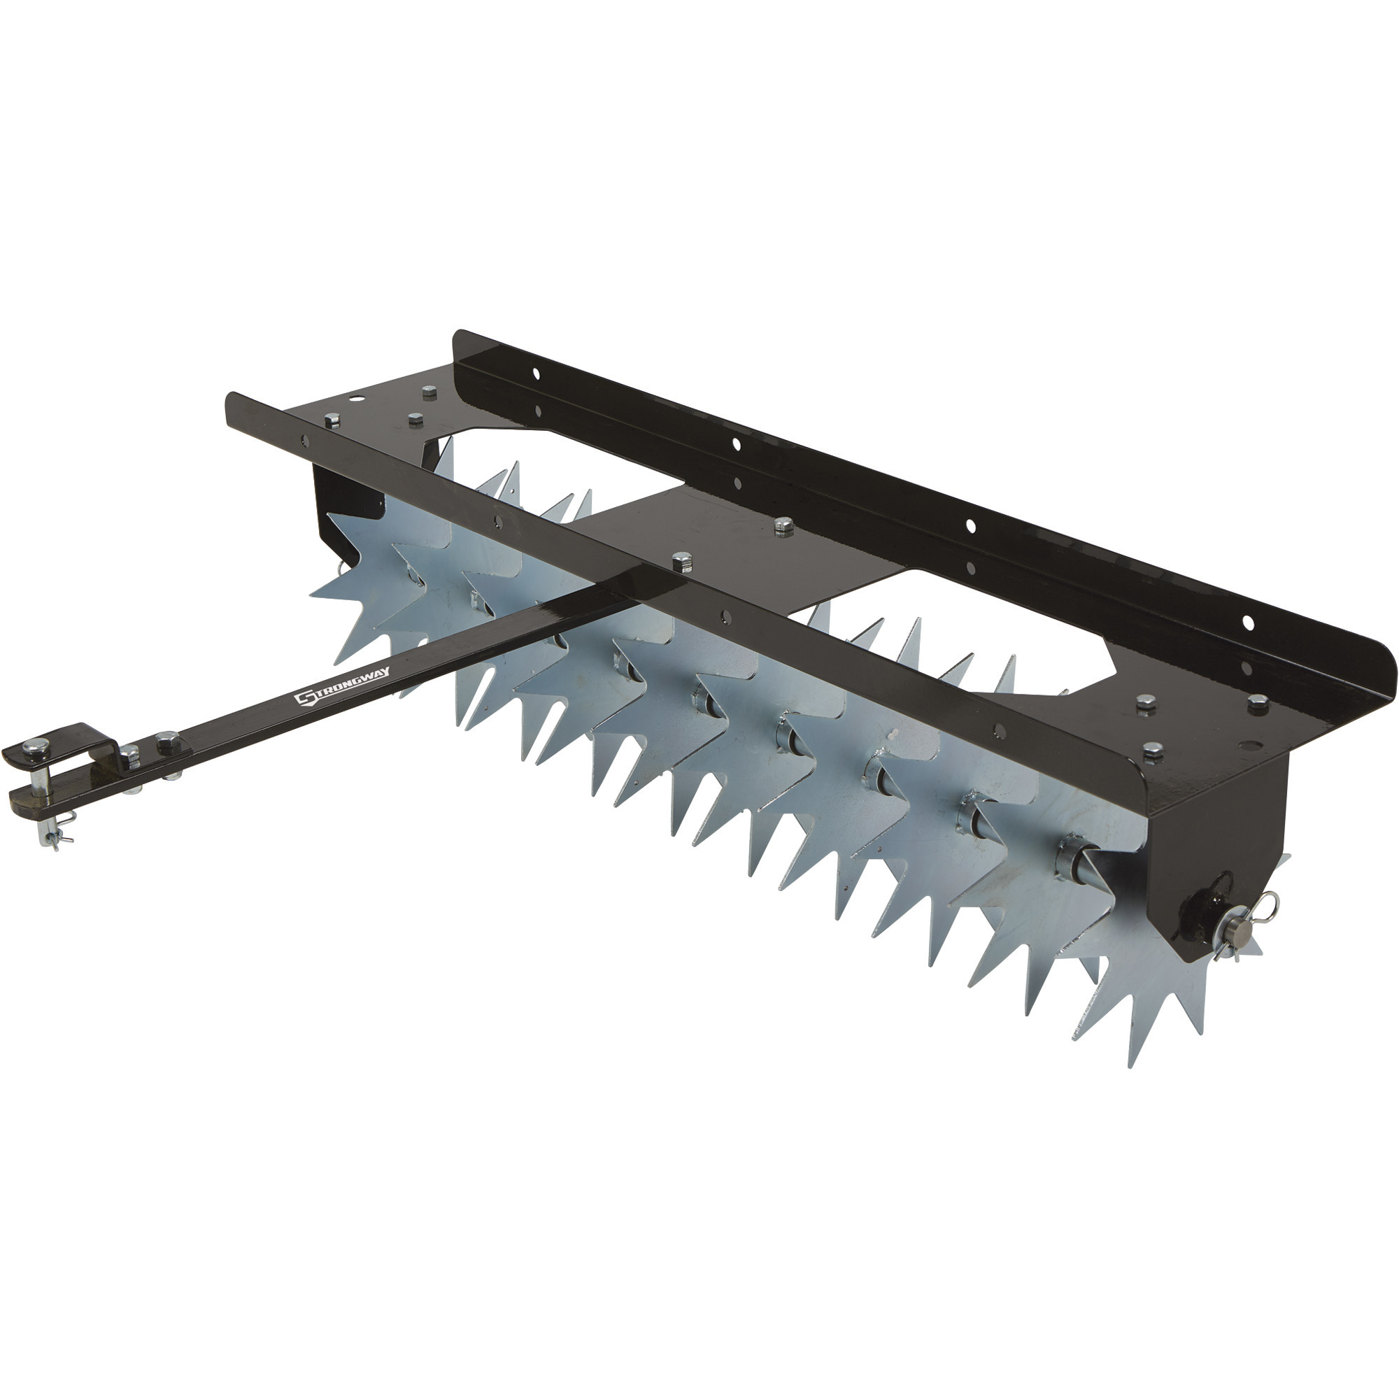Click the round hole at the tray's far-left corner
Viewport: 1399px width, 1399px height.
pyautogui.click(x=355, y=399)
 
